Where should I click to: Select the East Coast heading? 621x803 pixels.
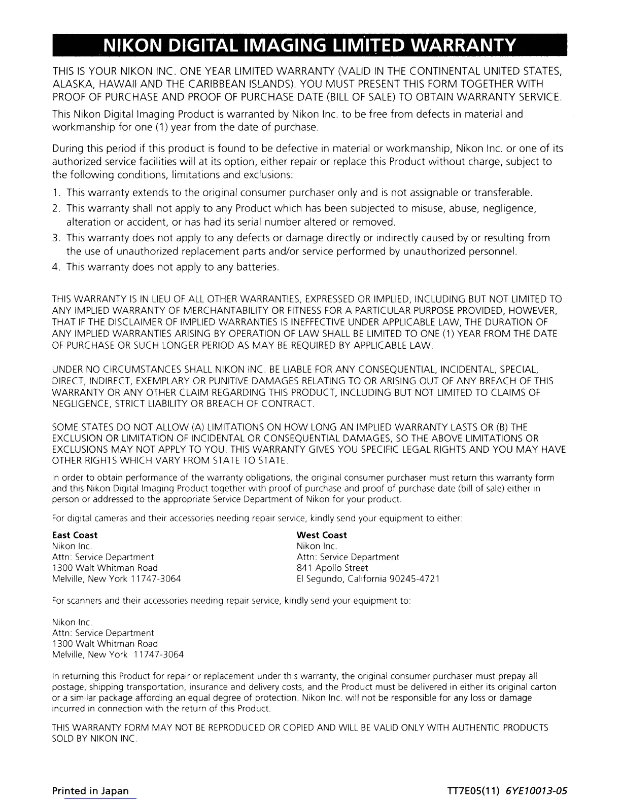(x=75, y=535)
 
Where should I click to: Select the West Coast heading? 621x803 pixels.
(x=322, y=535)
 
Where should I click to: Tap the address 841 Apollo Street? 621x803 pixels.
(x=332, y=568)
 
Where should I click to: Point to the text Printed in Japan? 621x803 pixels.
(x=90, y=790)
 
